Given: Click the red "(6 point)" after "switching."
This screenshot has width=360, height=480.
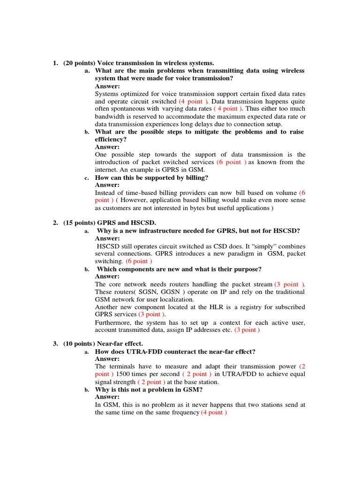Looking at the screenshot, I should [x=139, y=261].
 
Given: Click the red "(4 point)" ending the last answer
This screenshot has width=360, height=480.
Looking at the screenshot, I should [x=214, y=412].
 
